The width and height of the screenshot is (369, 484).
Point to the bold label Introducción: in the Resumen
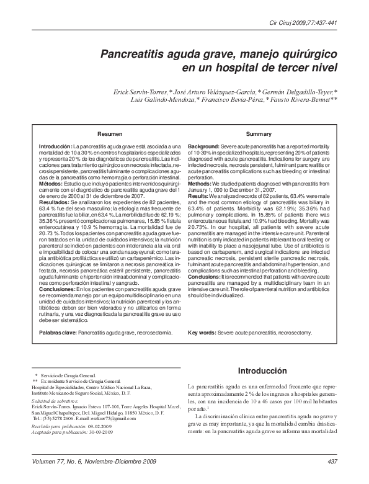coord(56,145)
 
